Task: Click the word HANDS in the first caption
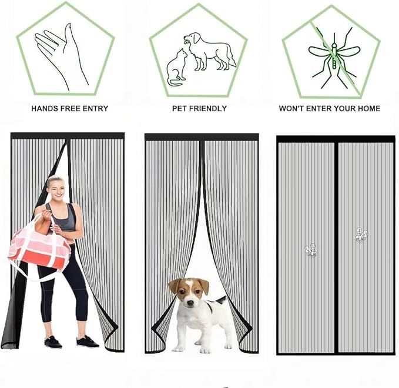coord(44,108)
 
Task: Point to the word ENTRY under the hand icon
coord(95,108)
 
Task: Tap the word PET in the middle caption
coord(177,108)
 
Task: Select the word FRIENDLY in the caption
coord(206,108)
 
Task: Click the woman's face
coord(56,189)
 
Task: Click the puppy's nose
coord(190,303)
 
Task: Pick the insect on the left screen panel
coord(310,250)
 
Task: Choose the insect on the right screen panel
coord(361,235)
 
